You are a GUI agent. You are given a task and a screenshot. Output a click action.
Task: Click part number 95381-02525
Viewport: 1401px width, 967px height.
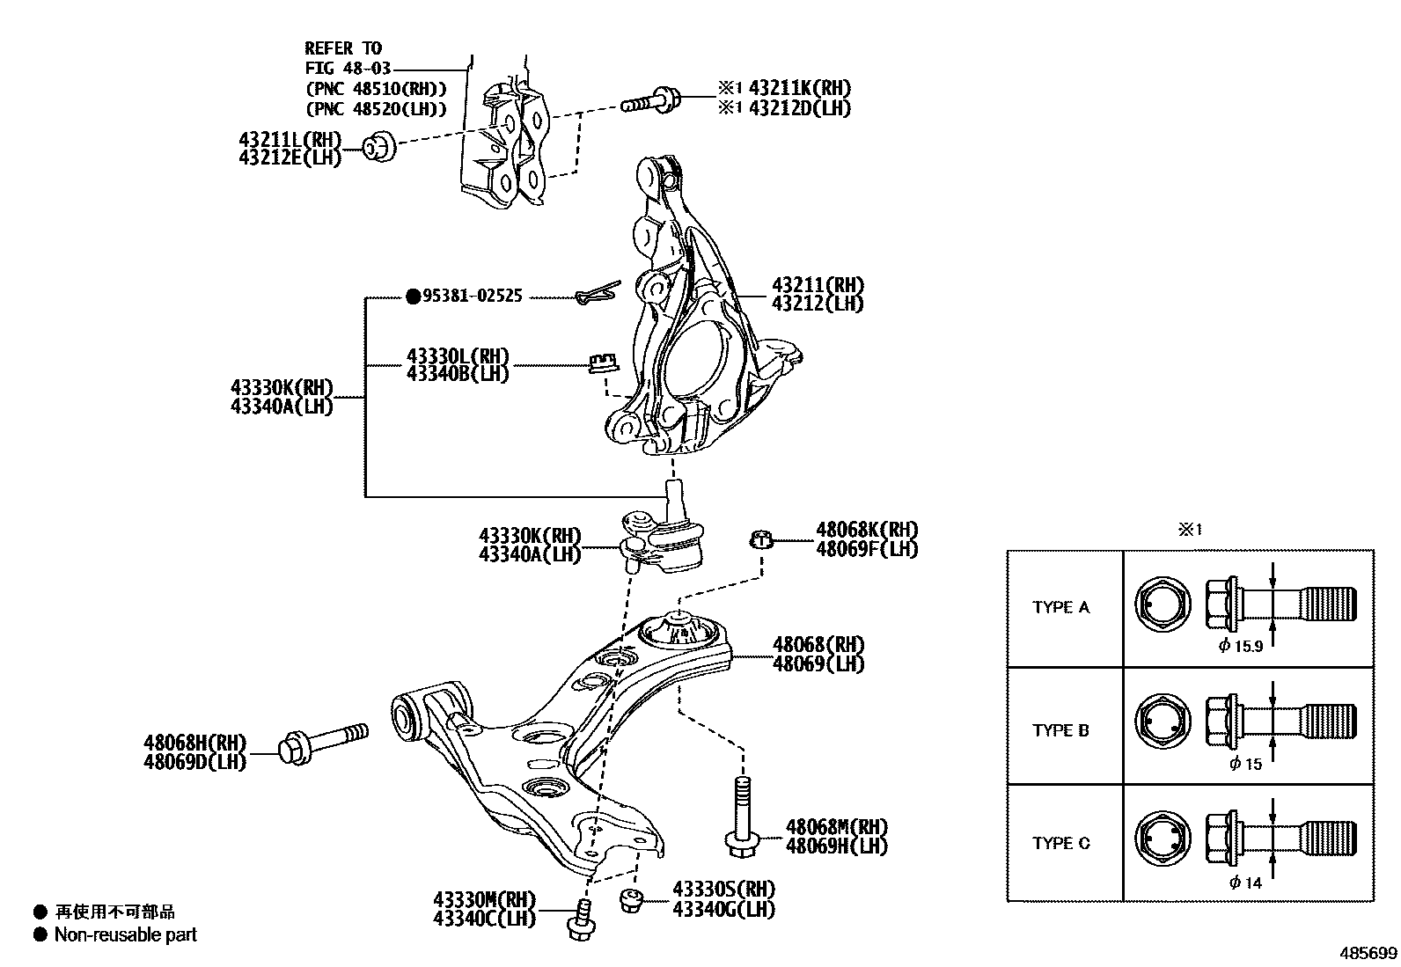[x=472, y=297]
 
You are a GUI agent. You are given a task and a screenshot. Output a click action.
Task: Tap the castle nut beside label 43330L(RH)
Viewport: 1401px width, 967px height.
[x=601, y=362]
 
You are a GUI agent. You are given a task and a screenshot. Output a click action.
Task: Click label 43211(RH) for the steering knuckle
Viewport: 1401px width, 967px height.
[x=817, y=285]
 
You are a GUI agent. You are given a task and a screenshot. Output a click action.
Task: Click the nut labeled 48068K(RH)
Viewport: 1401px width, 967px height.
[x=762, y=538]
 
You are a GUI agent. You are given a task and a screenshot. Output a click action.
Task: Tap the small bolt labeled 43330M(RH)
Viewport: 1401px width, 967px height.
[x=581, y=921]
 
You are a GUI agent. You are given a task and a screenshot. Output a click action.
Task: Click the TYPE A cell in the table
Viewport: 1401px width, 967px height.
[x=1060, y=607]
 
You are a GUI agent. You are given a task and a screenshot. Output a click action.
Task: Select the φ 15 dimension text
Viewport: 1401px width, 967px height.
[x=1245, y=764]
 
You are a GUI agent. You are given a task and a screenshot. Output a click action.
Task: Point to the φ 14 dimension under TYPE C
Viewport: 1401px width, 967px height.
[x=1245, y=883]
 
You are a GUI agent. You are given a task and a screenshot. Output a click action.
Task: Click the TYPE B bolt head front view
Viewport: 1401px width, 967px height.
[x=1163, y=723]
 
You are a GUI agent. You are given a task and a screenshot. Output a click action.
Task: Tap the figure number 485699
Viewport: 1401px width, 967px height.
[x=1368, y=953]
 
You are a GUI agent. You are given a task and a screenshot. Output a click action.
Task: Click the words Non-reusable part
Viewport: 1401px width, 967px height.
[x=125, y=934]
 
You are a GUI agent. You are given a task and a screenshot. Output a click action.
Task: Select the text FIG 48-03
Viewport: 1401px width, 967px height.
[x=348, y=68]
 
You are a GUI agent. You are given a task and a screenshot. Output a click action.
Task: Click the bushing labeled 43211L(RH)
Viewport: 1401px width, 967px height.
[x=380, y=147]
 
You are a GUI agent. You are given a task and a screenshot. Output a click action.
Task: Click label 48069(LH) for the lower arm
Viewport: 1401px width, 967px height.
[x=817, y=663]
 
